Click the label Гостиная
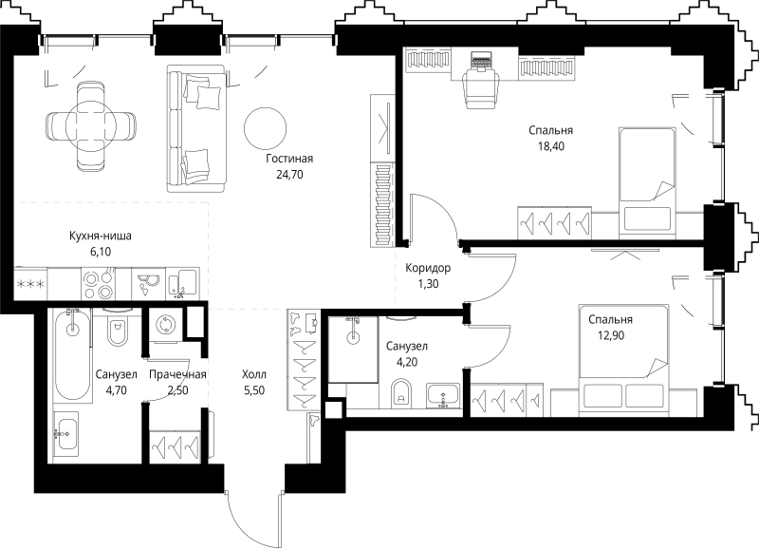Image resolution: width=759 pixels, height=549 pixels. (x=289, y=159)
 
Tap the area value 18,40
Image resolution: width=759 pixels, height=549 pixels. (x=551, y=146)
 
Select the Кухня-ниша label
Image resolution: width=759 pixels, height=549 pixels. (x=101, y=236)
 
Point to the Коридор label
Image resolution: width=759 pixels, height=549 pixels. (x=428, y=268)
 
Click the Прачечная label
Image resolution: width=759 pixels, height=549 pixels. (x=177, y=374)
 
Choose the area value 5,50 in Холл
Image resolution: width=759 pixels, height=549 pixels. (x=254, y=390)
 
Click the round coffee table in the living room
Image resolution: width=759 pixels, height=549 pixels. (x=266, y=128)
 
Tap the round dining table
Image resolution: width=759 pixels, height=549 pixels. (x=91, y=125)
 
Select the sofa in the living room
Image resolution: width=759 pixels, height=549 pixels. (x=196, y=128)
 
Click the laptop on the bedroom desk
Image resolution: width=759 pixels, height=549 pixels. (x=482, y=62)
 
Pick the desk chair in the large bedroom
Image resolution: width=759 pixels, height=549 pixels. (x=481, y=88)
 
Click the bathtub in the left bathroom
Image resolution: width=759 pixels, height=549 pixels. (x=73, y=355)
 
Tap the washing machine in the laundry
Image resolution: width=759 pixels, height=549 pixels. (x=165, y=324)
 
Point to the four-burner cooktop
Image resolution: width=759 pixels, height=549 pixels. (x=99, y=283)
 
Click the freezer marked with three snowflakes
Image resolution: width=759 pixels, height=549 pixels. (x=30, y=283)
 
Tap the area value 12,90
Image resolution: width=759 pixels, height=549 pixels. (x=611, y=335)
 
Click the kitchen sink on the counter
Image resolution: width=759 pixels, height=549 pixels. (x=182, y=283)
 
